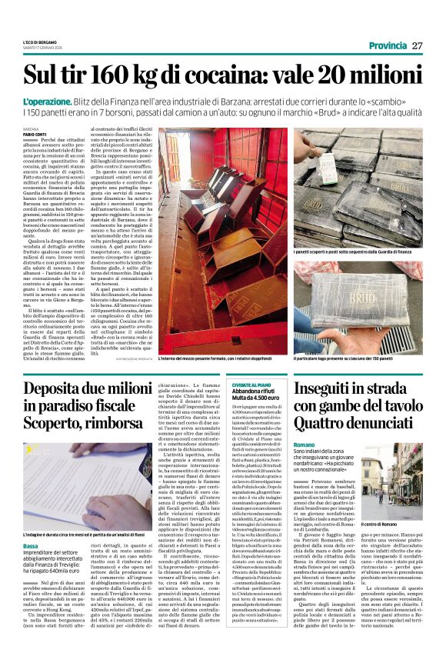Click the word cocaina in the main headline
point(237,75)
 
